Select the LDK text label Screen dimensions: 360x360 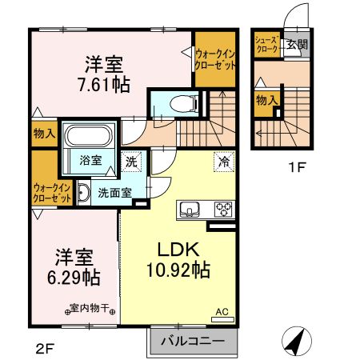[180, 246]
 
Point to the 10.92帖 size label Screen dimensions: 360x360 [180, 270]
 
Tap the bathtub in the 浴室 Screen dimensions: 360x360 [91, 135]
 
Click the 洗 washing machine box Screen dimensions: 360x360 [132, 161]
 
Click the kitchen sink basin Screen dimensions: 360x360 [190, 210]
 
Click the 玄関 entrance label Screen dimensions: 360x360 [297, 45]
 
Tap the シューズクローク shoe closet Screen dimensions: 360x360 [266, 44]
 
